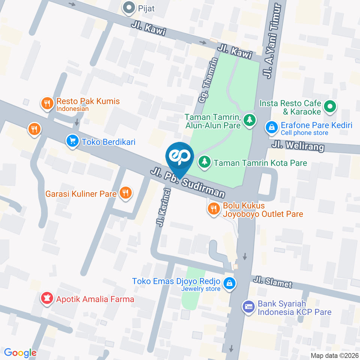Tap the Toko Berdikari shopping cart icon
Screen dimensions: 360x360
click(72, 141)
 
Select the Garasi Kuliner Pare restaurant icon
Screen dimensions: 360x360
click(125, 193)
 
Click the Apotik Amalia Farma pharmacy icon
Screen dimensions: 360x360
click(47, 299)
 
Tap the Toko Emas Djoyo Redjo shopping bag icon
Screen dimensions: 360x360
click(228, 283)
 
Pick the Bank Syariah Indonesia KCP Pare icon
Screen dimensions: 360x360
click(249, 307)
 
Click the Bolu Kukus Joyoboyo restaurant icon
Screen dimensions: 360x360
click(214, 209)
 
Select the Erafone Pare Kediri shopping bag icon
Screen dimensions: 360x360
click(270, 127)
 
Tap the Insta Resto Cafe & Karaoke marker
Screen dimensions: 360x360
click(330, 107)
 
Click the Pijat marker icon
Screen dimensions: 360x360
click(129, 7)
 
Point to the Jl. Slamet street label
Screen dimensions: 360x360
click(272, 282)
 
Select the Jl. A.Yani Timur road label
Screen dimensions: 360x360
click(273, 42)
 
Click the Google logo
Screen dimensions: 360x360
click(20, 352)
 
